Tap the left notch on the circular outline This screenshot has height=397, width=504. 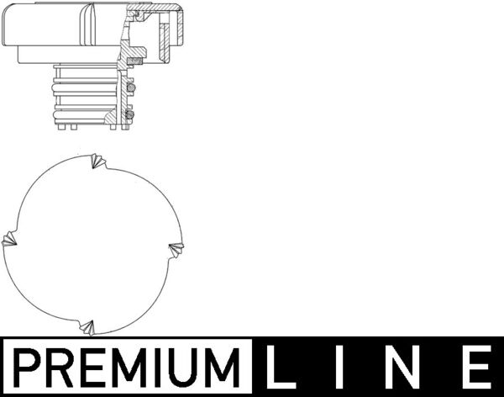(x=9, y=240)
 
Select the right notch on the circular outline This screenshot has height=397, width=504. (x=176, y=247)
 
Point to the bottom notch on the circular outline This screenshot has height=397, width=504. (x=88, y=326)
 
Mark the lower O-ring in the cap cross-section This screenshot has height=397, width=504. (x=130, y=114)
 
